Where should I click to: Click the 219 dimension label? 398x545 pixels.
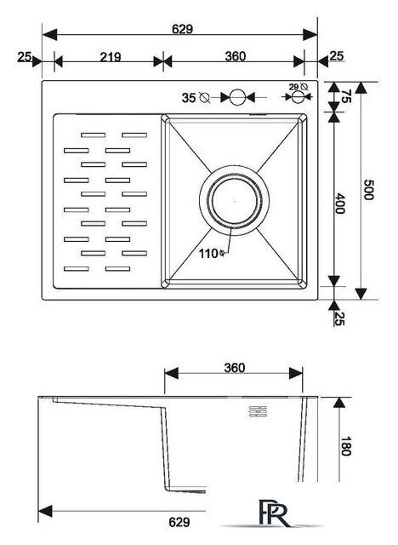111,57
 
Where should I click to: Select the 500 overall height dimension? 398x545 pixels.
368,189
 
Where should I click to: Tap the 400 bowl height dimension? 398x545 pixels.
339,204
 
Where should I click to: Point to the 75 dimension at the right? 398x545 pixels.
347,96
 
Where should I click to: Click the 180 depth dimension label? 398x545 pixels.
346,445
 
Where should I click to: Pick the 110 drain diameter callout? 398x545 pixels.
211,254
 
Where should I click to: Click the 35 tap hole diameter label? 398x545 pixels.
189,98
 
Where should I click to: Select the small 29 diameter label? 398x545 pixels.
294,87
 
